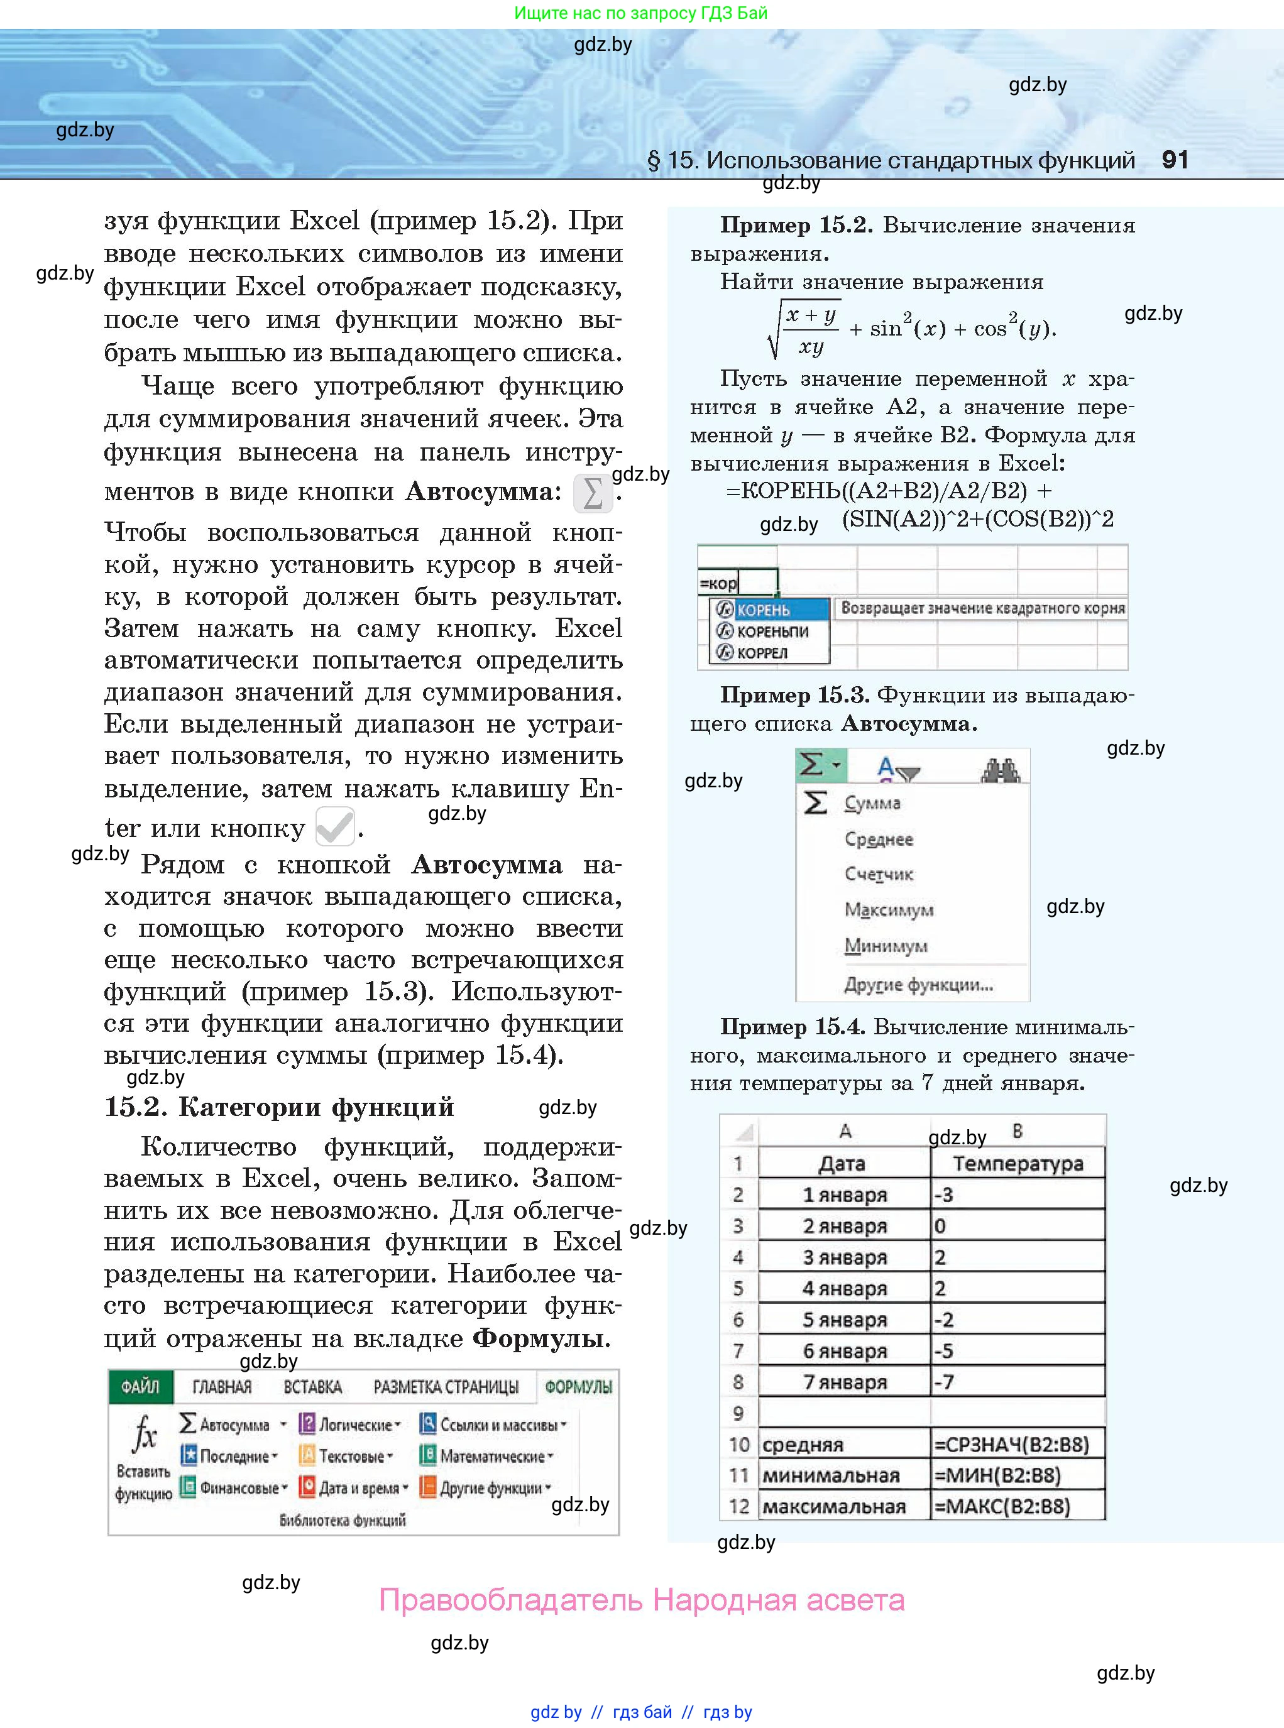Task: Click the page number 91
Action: (x=1175, y=160)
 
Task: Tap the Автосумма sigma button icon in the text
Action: (x=592, y=493)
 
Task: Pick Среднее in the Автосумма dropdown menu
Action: (x=878, y=839)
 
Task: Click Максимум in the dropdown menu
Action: (x=889, y=909)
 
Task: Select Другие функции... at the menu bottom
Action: (x=918, y=985)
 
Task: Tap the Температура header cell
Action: (x=1018, y=1163)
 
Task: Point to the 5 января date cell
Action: (x=844, y=1320)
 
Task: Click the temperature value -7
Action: (x=943, y=1382)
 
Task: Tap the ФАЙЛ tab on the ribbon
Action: (x=140, y=1387)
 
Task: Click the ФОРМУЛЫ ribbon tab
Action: (x=578, y=1387)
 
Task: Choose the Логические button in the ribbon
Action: (x=351, y=1425)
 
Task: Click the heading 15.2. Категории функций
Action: (x=279, y=1107)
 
